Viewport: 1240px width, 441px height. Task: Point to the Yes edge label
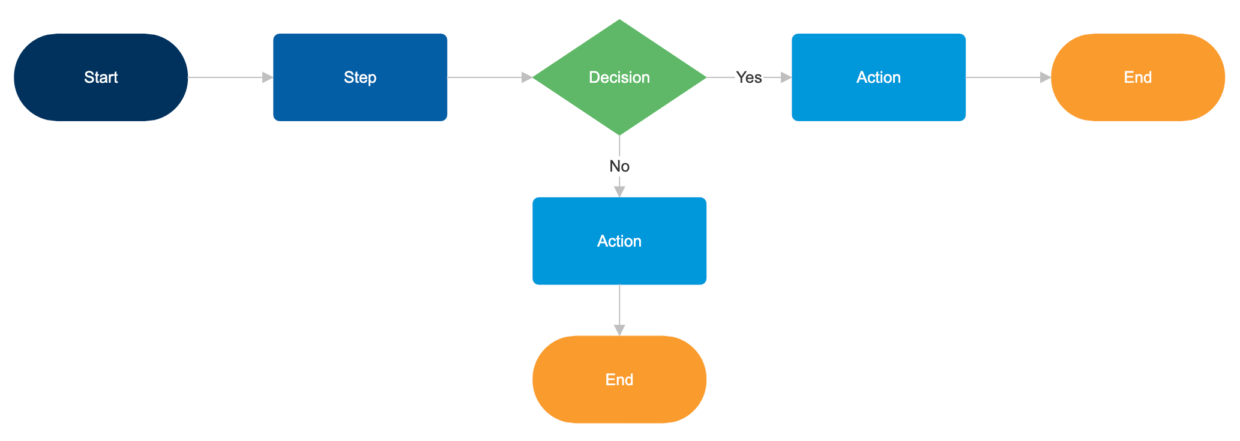click(x=749, y=77)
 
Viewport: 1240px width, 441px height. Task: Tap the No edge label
click(x=619, y=166)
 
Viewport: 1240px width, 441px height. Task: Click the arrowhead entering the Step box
click(x=268, y=77)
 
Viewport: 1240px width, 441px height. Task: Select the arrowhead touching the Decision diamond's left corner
click(x=527, y=77)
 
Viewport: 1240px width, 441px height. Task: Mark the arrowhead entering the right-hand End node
click(x=1046, y=77)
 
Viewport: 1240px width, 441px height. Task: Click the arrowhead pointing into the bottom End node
click(x=619, y=331)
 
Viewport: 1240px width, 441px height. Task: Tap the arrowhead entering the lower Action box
click(x=619, y=192)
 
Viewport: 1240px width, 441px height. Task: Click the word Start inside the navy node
click(x=101, y=77)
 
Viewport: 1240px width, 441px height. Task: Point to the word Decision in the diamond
click(x=619, y=77)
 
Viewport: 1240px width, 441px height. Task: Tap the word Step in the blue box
click(x=360, y=77)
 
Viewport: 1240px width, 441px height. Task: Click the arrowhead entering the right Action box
click(x=786, y=77)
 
